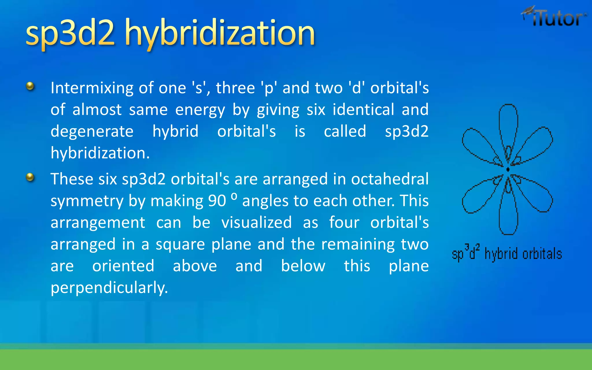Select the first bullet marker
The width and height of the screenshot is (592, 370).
30,86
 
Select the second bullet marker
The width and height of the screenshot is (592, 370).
30,177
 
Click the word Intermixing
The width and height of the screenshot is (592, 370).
92,88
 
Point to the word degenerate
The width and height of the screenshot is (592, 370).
92,132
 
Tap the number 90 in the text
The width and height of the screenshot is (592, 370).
217,201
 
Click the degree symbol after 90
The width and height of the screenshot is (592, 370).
234,196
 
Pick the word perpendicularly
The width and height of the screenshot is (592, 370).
109,288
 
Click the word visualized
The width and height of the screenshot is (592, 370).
256,223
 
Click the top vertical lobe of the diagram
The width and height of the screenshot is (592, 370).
508,124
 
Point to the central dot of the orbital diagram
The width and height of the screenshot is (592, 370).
508,169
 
